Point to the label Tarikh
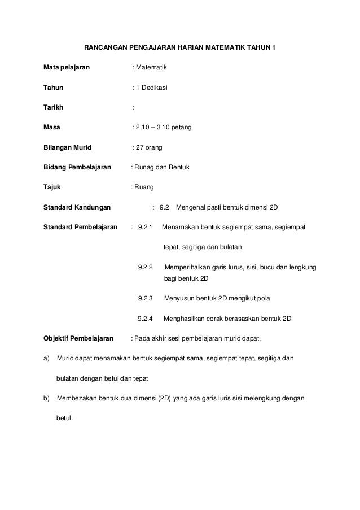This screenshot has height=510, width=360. click(54, 108)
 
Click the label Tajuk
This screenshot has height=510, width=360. click(52, 188)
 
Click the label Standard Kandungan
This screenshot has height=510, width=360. click(77, 207)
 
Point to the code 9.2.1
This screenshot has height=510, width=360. click(146, 227)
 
